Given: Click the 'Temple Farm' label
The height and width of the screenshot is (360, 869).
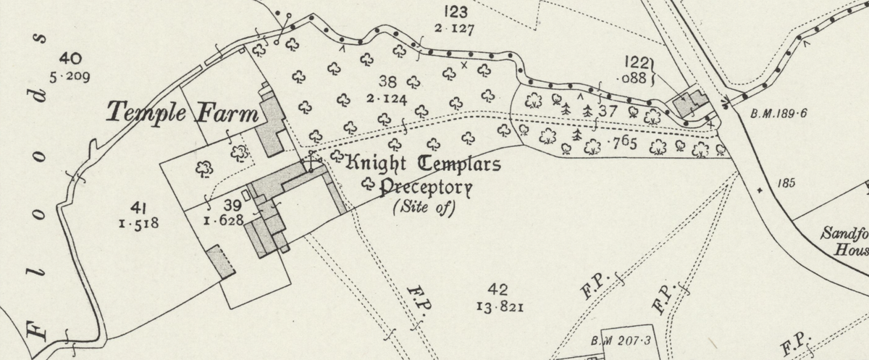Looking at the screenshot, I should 182,112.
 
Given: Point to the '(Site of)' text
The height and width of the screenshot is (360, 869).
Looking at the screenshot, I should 424,209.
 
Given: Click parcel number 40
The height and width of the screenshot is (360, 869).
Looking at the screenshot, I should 72,59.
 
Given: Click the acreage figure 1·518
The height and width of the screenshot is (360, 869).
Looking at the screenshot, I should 137,224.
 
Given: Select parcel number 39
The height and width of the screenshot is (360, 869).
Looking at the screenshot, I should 232,205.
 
